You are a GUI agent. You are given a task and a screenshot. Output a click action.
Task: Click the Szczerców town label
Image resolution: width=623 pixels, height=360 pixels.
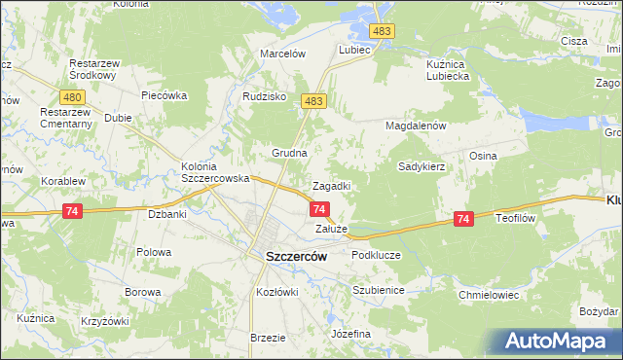click(296, 256)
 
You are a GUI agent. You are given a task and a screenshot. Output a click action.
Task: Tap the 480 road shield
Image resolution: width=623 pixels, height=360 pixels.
click(71, 97)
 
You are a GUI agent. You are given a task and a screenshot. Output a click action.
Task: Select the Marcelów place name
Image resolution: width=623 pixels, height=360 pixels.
click(283, 54)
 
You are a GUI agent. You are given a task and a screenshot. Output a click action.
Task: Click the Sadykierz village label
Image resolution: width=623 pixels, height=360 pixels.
click(421, 166)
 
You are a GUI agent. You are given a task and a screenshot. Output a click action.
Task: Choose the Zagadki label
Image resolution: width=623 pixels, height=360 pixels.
click(331, 186)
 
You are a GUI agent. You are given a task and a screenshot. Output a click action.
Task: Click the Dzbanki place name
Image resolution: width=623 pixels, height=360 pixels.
click(165, 213)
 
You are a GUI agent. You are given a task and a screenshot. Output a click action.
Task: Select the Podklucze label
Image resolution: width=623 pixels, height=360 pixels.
click(376, 255)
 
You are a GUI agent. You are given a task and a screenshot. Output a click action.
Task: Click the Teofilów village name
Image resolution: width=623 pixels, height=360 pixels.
click(516, 219)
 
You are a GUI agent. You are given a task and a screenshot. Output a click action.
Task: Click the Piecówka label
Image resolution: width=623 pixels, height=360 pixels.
click(163, 96)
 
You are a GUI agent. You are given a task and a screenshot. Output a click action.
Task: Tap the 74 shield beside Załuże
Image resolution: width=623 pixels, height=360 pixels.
click(319, 208)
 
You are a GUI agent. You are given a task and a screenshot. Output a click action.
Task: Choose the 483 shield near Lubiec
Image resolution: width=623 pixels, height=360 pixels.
click(383, 33)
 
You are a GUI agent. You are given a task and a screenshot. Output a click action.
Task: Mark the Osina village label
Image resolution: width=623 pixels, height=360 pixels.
click(484, 156)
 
